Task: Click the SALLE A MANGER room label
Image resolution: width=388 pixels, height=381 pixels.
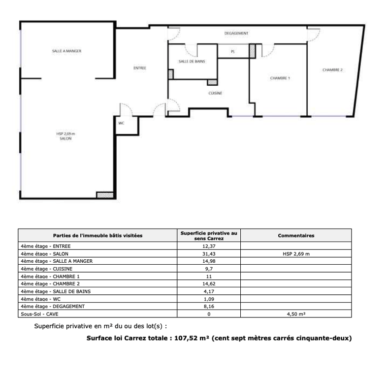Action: click(66, 51)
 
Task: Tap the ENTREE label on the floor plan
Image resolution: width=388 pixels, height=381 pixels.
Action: click(140, 68)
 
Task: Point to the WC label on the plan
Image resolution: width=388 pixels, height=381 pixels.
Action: click(121, 123)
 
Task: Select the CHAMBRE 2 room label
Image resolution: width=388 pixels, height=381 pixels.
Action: click(332, 70)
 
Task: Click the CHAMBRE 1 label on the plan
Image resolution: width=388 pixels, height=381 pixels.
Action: click(280, 78)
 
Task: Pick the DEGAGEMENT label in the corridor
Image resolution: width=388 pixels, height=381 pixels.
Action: click(236, 33)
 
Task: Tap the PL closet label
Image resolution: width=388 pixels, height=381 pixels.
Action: click(233, 52)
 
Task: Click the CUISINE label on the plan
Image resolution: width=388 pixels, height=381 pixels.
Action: click(215, 93)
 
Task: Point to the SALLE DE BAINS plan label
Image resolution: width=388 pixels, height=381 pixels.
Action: click(192, 62)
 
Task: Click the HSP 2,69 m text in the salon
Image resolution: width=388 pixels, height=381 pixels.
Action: click(65, 134)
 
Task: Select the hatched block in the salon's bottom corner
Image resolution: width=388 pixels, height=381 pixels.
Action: click(105, 195)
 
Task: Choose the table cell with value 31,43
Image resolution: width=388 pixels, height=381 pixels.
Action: click(209, 254)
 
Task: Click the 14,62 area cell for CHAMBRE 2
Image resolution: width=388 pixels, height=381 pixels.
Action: click(209, 283)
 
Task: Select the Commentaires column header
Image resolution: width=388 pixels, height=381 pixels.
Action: click(296, 236)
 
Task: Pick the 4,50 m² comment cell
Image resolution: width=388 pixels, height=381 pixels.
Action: click(296, 314)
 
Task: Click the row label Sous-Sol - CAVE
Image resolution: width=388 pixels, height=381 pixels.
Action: click(39, 314)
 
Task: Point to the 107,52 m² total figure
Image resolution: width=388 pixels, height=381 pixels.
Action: click(192, 338)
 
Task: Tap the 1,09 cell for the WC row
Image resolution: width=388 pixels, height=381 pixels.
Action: click(209, 299)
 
